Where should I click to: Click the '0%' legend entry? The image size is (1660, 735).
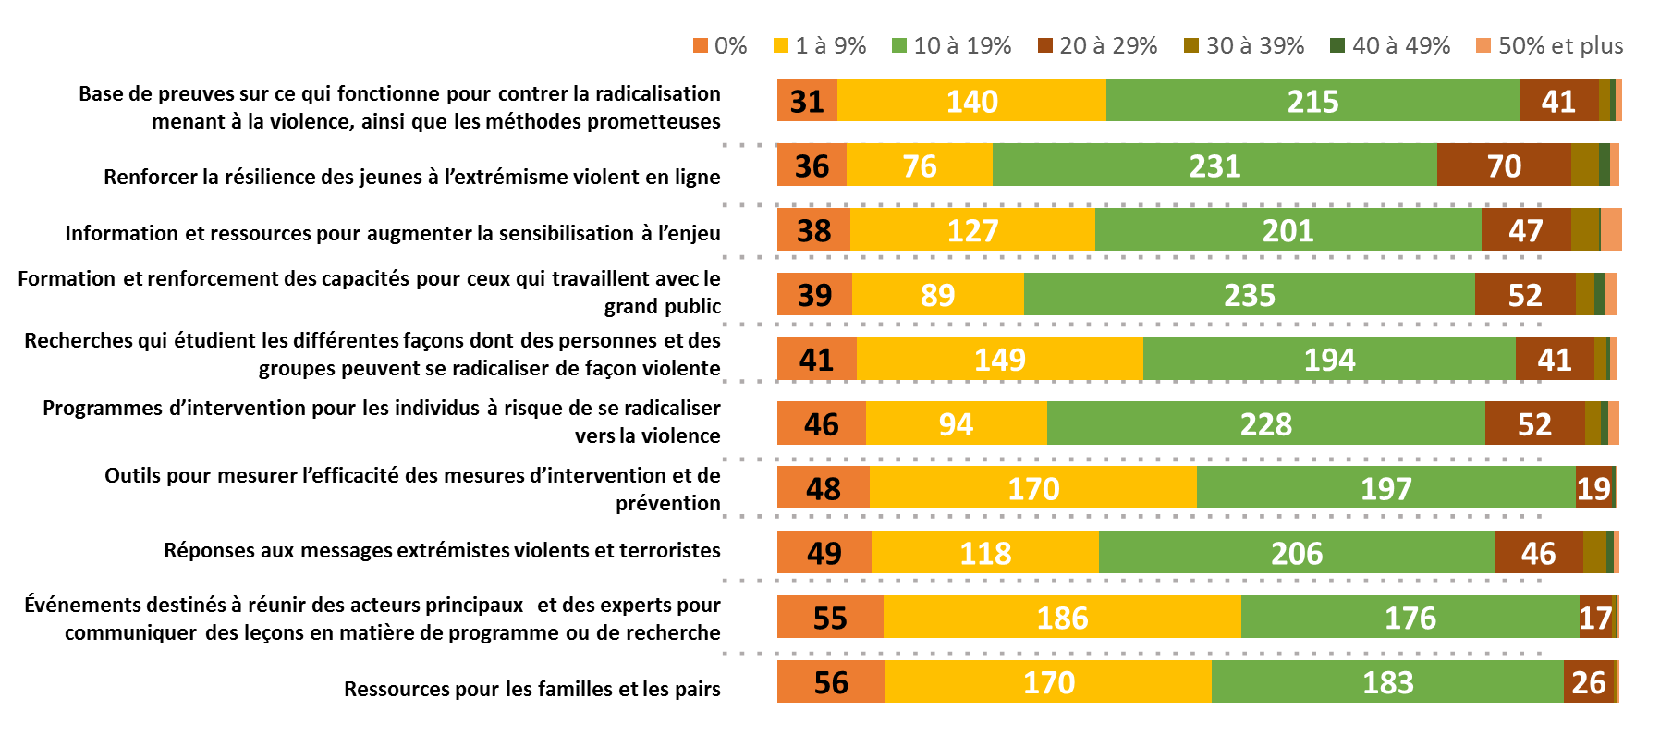(720, 46)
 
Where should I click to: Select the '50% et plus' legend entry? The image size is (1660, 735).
(1550, 46)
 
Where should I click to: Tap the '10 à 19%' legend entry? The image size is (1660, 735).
(952, 46)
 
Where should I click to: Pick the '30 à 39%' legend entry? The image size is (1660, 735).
(1245, 46)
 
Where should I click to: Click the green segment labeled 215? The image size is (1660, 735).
(1312, 101)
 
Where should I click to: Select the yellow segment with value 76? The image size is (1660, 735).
(920, 165)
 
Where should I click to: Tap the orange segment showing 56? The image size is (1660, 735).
(831, 682)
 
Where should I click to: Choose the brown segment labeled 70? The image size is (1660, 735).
(1504, 165)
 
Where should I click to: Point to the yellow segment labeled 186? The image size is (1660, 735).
(1062, 618)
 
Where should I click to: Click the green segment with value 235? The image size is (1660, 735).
(1249, 295)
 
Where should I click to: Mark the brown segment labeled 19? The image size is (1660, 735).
(1593, 488)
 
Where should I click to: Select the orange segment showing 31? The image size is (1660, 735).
(807, 101)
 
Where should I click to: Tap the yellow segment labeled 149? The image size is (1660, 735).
(999, 360)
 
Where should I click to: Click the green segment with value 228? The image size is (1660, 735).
(1265, 424)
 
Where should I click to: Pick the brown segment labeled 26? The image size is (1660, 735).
(1589, 682)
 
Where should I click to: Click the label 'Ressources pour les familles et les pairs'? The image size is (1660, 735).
(531, 689)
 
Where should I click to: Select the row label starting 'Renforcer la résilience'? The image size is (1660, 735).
(411, 177)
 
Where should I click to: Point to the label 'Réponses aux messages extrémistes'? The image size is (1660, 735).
(442, 550)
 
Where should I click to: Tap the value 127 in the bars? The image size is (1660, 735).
(972, 230)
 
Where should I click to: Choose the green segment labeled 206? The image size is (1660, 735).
(1296, 553)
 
